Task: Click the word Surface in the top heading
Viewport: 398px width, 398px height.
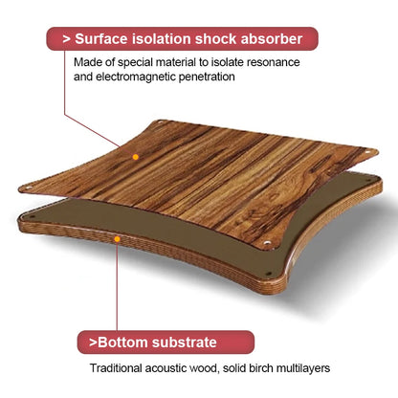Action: (101, 39)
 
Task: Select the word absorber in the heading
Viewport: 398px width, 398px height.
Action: (272, 39)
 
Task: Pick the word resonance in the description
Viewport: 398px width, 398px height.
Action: (274, 62)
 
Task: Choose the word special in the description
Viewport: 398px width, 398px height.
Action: (135, 62)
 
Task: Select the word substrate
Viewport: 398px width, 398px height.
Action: (185, 343)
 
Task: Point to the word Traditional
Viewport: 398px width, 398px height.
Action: (116, 368)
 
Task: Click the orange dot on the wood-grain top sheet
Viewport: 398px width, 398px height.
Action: (136, 157)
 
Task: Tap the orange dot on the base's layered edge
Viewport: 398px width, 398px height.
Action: (118, 239)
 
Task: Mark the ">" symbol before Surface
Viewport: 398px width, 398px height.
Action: (67, 39)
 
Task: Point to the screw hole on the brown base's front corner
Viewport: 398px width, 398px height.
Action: (269, 274)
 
